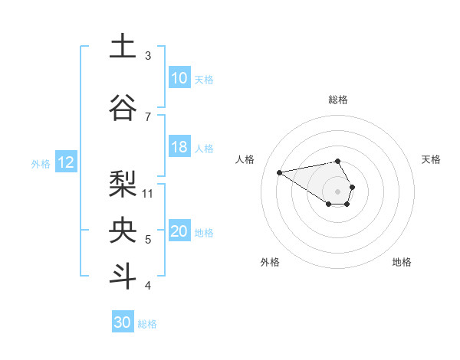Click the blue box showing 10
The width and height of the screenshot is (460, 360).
point(179,78)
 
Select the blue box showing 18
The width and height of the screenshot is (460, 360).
point(179,148)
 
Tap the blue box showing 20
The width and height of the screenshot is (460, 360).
point(179,232)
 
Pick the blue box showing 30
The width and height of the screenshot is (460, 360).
point(123,322)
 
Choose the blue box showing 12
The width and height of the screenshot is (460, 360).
point(66,162)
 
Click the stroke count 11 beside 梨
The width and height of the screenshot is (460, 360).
point(149,194)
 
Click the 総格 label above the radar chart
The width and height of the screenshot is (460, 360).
point(338,100)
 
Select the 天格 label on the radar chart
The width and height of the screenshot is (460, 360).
point(431,159)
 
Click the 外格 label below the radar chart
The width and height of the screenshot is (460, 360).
point(270,262)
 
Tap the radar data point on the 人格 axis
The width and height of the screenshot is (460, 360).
point(279,172)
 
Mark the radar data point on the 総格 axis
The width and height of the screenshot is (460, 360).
point(338,161)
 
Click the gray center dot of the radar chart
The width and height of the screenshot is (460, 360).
point(338,191)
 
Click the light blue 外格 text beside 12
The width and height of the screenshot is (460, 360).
point(40,163)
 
